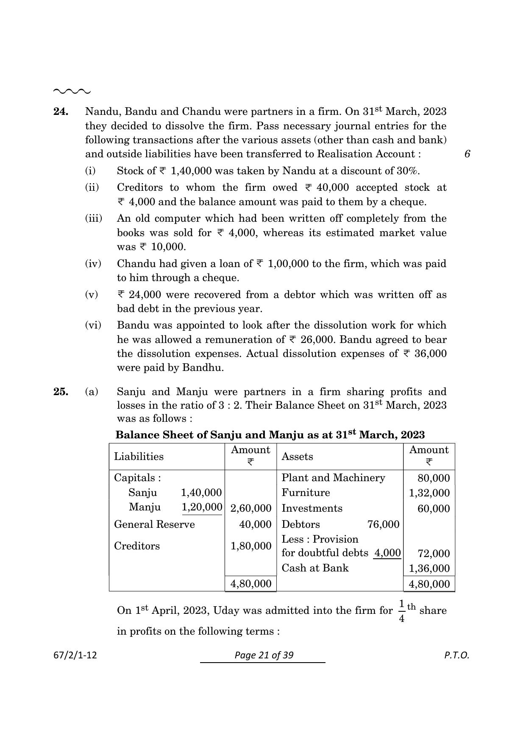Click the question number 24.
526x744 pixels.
pos(61,111)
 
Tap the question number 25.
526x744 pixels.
pos(61,392)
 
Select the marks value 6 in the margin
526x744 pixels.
pos(467,154)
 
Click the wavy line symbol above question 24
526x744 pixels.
pos(72,91)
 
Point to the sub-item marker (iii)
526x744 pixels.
pos(94,219)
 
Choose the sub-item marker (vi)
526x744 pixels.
pos(93,326)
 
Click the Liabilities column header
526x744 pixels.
pos(139,457)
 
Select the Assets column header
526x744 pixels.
pos(297,457)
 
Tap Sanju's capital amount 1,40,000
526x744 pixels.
pos(201,493)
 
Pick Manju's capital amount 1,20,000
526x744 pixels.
pos(202,507)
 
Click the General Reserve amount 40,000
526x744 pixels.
pos(255,524)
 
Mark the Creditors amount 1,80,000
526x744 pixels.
pos(250,546)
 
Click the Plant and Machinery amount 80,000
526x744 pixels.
pos(433,479)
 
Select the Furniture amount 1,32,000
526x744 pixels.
pos(429,493)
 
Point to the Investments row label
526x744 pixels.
pos(312,508)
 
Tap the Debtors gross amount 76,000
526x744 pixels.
pos(383,524)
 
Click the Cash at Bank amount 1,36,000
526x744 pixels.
pos(429,568)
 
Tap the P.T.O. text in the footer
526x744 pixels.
pos(456,655)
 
